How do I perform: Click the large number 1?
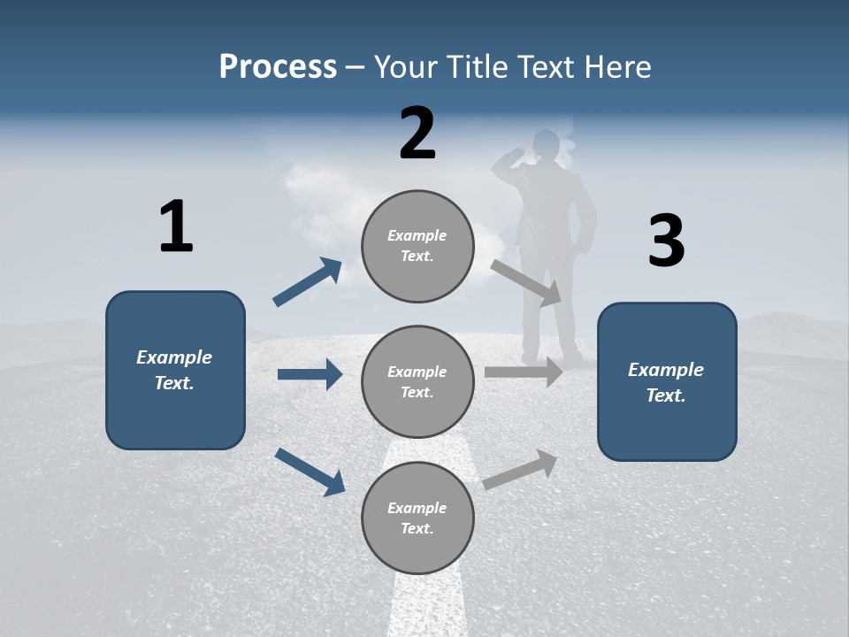pos(176,227)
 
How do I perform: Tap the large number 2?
pos(417,134)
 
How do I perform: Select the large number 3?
pos(666,242)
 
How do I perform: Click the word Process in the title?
pos(278,66)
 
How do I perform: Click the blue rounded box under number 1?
pos(175,370)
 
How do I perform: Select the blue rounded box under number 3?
pos(667,381)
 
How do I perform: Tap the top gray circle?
pos(417,246)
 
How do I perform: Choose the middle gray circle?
pos(417,381)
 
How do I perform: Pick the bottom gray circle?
pos(417,518)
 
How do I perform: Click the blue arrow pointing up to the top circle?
pos(307,283)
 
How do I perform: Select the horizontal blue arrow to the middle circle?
pos(310,374)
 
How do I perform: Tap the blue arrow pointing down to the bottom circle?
pos(310,472)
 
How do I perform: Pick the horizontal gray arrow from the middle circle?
pos(524,372)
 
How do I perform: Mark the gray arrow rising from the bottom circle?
pos(521,469)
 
